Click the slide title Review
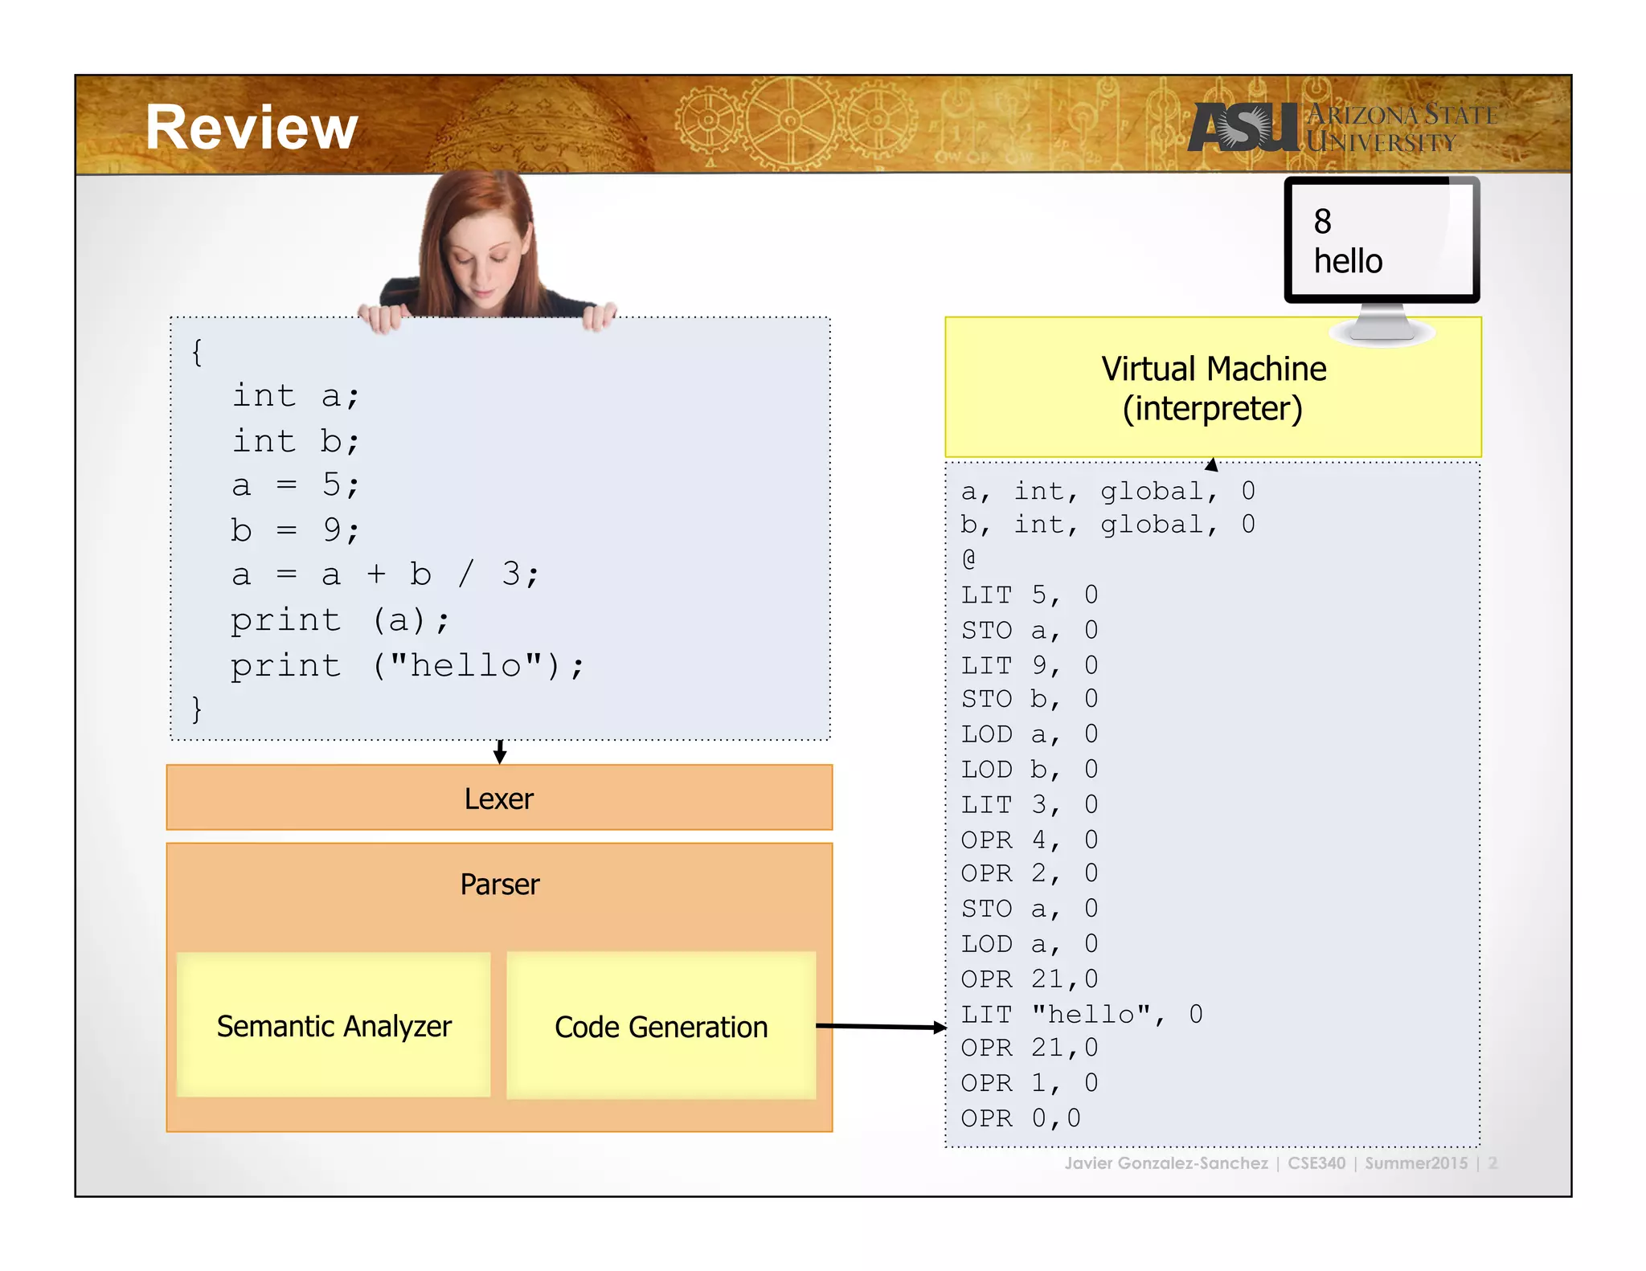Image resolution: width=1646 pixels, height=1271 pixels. (x=252, y=129)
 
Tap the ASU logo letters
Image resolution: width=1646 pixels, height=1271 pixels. (x=1242, y=129)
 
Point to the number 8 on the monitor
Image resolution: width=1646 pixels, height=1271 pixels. (x=1322, y=222)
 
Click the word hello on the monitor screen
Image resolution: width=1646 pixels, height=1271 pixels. (x=1348, y=262)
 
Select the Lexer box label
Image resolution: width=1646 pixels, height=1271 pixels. (x=498, y=799)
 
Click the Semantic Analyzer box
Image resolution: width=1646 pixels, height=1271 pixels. (x=334, y=1026)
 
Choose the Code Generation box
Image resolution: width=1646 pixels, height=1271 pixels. (x=661, y=1027)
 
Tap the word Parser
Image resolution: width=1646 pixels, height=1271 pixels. (x=499, y=885)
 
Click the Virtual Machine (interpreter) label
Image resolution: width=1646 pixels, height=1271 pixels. (x=1213, y=388)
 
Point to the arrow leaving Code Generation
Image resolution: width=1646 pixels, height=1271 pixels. (x=881, y=1027)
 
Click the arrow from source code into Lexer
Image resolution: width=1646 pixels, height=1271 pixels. (x=500, y=752)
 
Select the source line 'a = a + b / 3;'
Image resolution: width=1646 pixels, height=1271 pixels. (x=385, y=575)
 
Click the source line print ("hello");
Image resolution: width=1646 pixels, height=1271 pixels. (x=407, y=666)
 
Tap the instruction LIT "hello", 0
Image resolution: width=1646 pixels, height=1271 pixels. (x=1082, y=1015)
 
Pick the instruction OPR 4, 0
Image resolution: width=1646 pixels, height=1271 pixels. (x=1029, y=840)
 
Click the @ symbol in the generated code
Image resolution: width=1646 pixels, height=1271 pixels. (x=969, y=559)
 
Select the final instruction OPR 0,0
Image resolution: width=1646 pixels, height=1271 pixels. (x=1021, y=1118)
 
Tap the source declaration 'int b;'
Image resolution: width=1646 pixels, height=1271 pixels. (x=296, y=441)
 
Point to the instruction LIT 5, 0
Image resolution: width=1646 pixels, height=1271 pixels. (x=1029, y=595)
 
